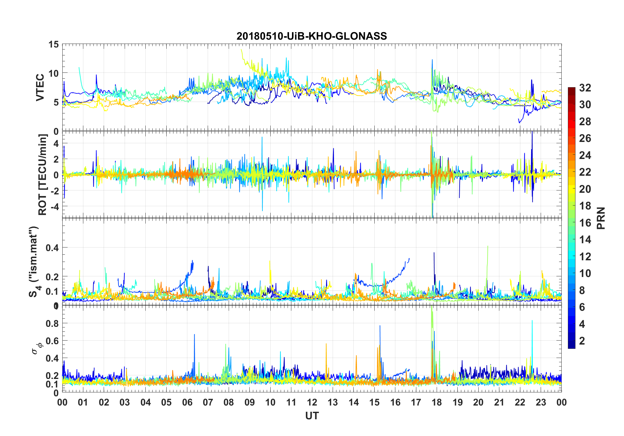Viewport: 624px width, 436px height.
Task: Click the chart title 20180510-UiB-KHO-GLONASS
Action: pos(312,36)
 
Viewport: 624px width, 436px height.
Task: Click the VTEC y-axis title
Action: pos(40,88)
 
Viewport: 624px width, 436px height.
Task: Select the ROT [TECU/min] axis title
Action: pos(43,174)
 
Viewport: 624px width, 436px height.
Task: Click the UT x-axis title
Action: pos(312,416)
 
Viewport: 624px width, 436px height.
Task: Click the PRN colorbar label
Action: pos(601,218)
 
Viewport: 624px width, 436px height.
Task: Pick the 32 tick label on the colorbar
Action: pos(585,88)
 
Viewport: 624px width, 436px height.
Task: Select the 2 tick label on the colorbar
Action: pos(582,341)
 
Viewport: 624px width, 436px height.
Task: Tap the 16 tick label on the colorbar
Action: pos(585,223)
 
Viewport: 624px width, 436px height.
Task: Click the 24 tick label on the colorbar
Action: pos(585,155)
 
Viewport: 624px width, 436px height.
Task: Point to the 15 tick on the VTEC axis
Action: pos(54,44)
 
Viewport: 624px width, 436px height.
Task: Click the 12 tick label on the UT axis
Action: pos(312,403)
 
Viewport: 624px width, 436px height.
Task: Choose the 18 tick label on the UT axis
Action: pos(437,403)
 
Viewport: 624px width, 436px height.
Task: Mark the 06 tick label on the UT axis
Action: pos(187,403)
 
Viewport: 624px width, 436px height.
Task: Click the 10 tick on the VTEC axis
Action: pos(54,73)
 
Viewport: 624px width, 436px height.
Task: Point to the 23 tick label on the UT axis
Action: pos(541,403)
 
